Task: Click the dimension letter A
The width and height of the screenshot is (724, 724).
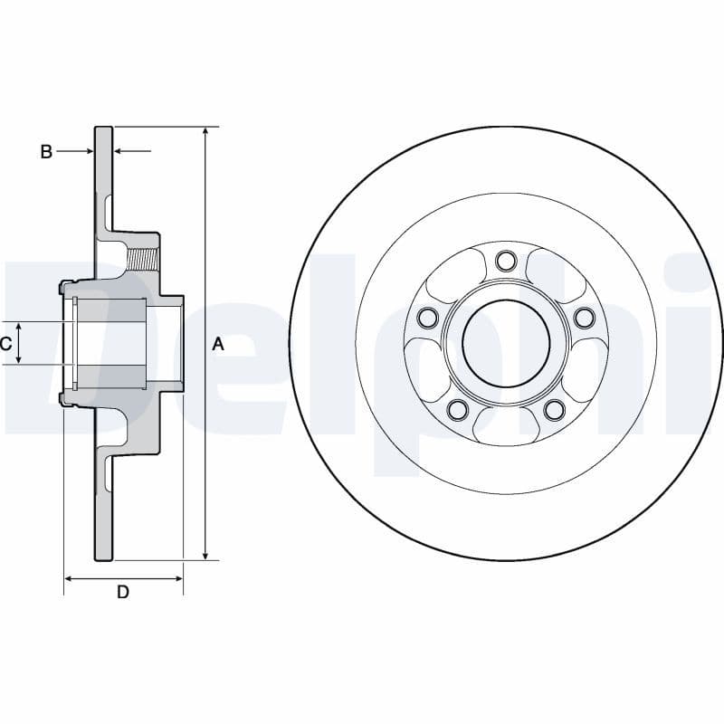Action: [x=217, y=344]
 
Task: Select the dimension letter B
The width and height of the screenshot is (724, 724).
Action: [x=46, y=152]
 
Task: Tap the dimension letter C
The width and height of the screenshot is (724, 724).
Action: [x=5, y=344]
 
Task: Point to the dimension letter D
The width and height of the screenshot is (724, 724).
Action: [x=123, y=593]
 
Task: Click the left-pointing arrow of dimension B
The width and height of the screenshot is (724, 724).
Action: [x=121, y=152]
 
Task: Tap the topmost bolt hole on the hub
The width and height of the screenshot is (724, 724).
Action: [x=506, y=262]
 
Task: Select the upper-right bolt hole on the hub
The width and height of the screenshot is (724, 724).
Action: [x=584, y=317]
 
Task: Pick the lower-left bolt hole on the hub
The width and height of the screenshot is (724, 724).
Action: [x=458, y=410]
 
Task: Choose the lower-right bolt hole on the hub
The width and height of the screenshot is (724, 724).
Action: [x=554, y=410]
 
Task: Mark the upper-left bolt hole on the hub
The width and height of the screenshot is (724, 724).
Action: [x=428, y=317]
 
